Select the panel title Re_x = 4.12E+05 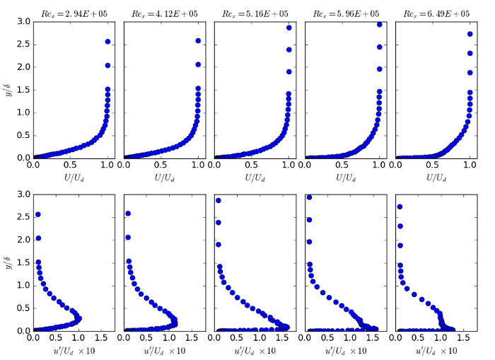click(162, 13)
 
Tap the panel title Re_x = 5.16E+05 click(252, 13)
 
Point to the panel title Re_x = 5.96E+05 click(344, 13)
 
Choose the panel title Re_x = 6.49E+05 click(434, 13)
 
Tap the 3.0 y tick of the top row click(23, 22)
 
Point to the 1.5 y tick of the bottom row click(23, 262)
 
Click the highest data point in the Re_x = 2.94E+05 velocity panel click(107, 42)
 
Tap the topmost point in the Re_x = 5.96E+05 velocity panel click(380, 25)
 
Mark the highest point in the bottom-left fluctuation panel click(37, 214)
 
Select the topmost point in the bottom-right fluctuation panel click(400, 207)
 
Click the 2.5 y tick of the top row click(23, 45)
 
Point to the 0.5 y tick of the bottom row click(23, 308)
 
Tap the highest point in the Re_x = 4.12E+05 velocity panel click(198, 41)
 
